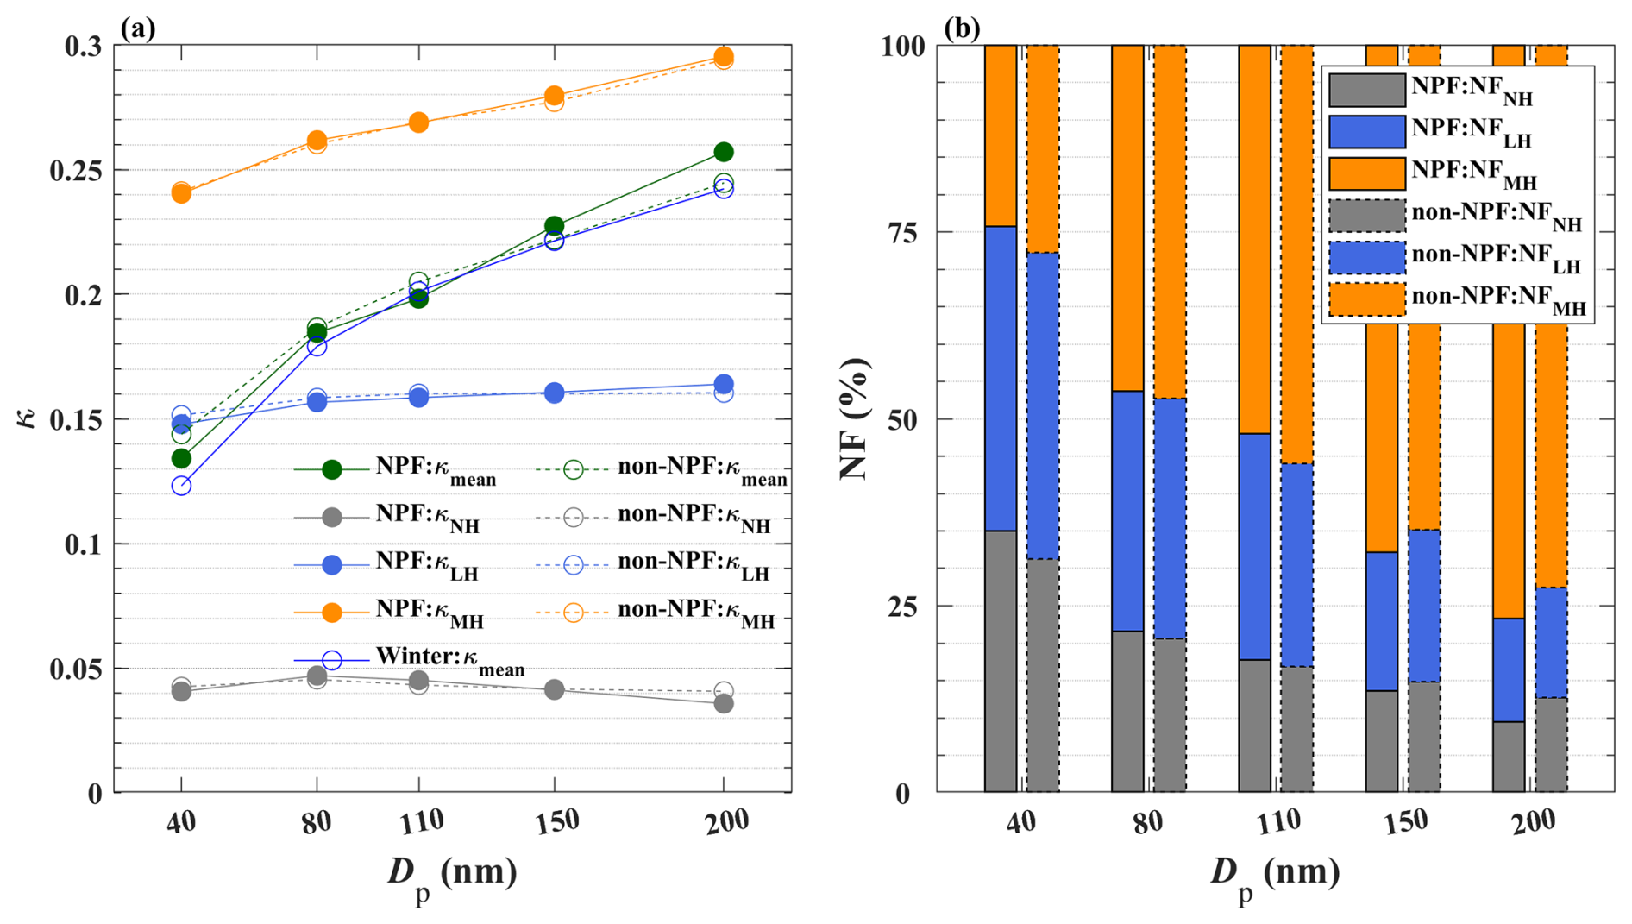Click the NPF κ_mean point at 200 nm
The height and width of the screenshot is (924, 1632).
(724, 153)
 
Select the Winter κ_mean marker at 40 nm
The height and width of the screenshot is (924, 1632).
(181, 486)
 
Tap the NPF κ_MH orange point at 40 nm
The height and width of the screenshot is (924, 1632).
(181, 193)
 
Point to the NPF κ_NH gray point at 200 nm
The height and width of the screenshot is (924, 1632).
(724, 704)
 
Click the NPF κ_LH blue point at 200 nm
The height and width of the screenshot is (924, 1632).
(724, 384)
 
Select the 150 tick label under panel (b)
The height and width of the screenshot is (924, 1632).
(1405, 822)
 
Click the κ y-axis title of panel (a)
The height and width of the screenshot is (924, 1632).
(28, 419)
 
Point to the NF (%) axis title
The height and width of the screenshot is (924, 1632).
(854, 419)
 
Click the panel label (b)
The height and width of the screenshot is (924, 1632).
(962, 29)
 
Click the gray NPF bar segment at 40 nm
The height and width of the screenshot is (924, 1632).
(1001, 661)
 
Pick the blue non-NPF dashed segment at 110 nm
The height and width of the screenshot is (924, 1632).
(1296, 565)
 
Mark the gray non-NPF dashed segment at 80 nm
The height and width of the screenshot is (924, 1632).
(1170, 715)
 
